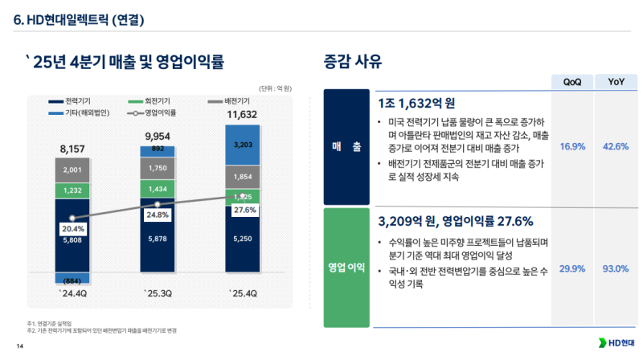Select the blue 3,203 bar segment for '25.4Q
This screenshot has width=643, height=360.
pyautogui.click(x=242, y=145)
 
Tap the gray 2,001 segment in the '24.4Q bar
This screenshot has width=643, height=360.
pyautogui.click(x=72, y=170)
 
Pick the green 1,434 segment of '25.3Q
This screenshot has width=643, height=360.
pyautogui.click(x=157, y=188)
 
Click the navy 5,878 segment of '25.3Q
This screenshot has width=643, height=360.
pyautogui.click(x=157, y=238)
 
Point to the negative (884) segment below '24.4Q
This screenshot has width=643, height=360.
pyautogui.click(x=72, y=279)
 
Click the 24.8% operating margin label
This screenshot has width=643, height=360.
pyautogui.click(x=158, y=215)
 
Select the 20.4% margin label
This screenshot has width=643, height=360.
pyautogui.click(x=72, y=229)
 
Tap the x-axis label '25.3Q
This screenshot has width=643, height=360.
pyautogui.click(x=157, y=292)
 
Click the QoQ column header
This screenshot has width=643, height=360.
pyautogui.click(x=571, y=81)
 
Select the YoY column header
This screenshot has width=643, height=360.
pyautogui.click(x=616, y=81)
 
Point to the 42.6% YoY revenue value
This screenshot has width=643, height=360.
pyautogui.click(x=616, y=146)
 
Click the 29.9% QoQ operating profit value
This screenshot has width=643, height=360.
pyautogui.click(x=571, y=268)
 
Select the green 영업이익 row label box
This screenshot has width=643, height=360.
pyautogui.click(x=346, y=268)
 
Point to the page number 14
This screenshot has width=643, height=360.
pyautogui.click(x=20, y=346)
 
